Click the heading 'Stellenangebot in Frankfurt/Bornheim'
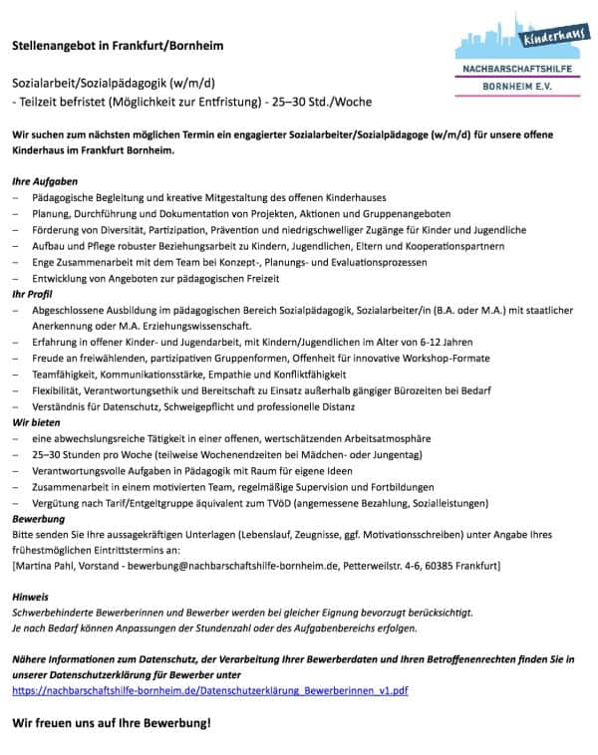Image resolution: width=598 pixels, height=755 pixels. tap(117, 46)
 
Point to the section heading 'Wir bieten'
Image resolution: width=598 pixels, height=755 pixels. tap(37, 422)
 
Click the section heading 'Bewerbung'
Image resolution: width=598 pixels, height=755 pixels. tap(38, 519)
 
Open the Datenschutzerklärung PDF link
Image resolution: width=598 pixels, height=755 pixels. tap(210, 689)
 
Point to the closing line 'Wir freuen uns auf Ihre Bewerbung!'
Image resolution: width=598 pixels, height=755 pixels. tap(112, 721)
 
